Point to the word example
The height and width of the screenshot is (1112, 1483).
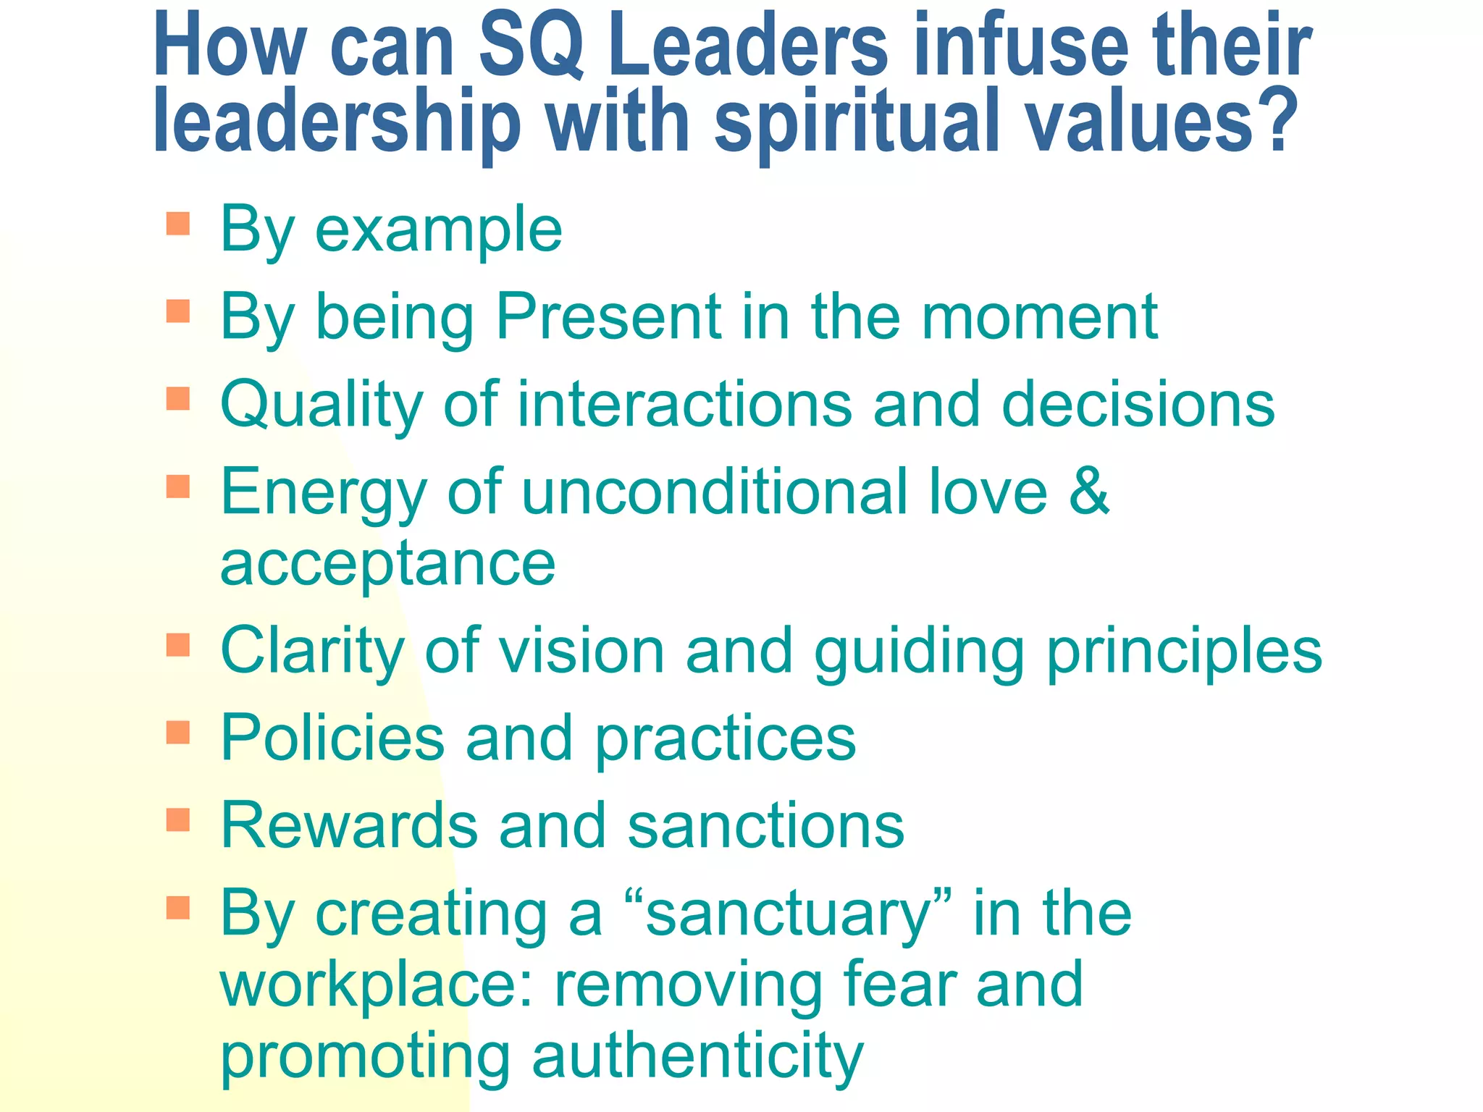(x=439, y=230)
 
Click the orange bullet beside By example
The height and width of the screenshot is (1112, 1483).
(x=177, y=224)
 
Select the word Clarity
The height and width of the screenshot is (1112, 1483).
(x=311, y=652)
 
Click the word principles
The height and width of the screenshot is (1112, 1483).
(x=1185, y=652)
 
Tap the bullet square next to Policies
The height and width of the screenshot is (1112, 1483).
(x=177, y=732)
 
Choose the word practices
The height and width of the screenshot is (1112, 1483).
(x=725, y=739)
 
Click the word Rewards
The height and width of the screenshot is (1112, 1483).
(x=348, y=825)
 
